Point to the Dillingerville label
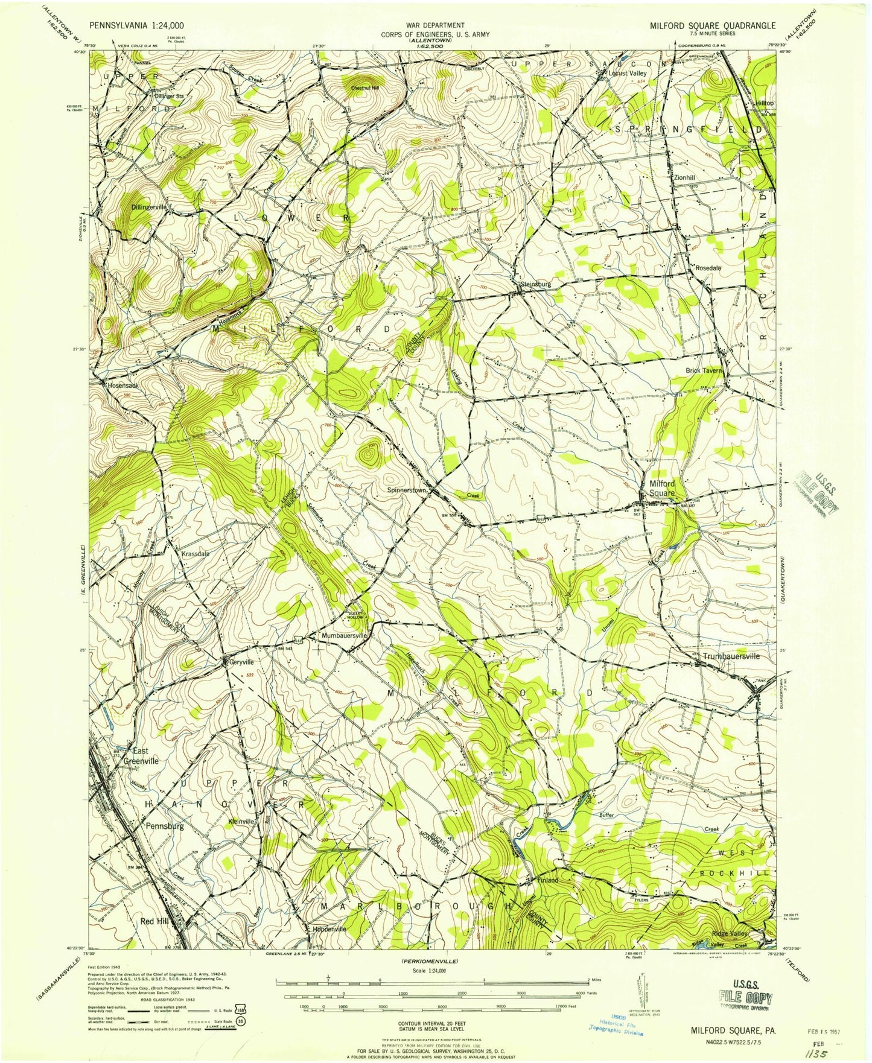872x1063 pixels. point(149,206)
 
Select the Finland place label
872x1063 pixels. point(548,880)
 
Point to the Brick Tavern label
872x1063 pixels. point(703,370)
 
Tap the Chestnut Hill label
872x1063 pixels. point(366,87)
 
